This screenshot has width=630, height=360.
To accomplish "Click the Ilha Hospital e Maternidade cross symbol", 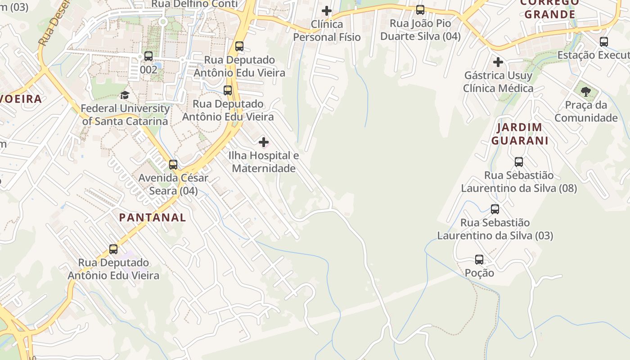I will tap(264, 143).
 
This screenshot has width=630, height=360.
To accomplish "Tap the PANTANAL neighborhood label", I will tap(153, 217).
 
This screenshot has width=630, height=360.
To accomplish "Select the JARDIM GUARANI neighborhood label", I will tap(520, 134).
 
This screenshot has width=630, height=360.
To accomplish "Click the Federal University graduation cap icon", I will tap(125, 95).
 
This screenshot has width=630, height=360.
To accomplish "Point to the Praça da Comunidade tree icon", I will tap(585, 92).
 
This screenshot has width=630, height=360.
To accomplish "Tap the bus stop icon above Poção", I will tap(479, 260).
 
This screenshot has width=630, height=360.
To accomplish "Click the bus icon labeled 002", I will tap(148, 56).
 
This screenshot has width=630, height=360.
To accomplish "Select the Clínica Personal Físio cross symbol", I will tap(327, 11).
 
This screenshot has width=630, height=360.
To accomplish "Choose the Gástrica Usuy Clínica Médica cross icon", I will tap(498, 62).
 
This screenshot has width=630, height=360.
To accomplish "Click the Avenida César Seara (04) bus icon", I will tap(173, 165).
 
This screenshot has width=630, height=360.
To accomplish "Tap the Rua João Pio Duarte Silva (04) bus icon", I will tap(420, 10).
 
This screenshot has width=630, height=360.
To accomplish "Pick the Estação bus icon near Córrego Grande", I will tap(604, 42).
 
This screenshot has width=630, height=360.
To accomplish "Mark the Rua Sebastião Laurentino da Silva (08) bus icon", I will tap(519, 162).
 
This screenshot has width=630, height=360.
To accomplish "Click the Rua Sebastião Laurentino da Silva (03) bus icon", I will tap(495, 209).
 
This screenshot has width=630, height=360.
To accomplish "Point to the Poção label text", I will tap(479, 273).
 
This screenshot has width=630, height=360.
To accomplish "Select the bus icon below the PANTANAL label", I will tap(113, 249).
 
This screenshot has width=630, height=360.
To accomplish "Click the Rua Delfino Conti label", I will tap(194, 4).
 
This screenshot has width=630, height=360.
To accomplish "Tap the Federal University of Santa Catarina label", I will tap(126, 115).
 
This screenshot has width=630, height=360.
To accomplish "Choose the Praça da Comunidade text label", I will tap(586, 112).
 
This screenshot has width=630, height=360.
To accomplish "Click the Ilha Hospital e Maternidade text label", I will tap(264, 162).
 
